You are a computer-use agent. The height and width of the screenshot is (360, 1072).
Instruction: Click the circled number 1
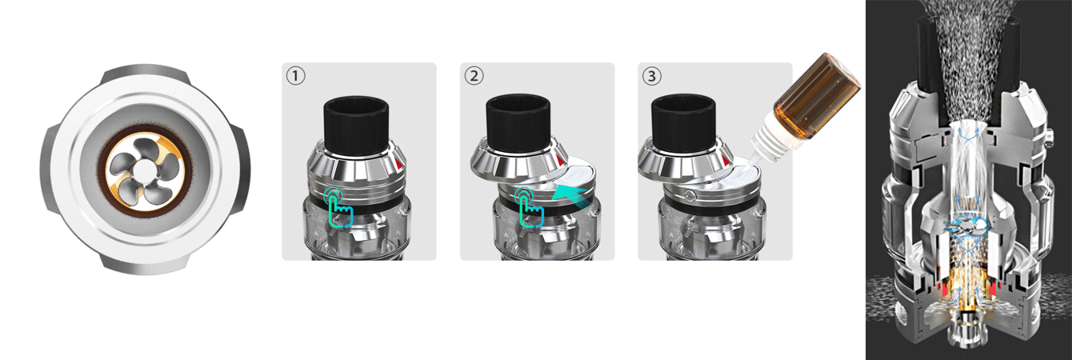tap(296, 76)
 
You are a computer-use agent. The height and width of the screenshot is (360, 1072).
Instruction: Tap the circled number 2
tap(474, 76)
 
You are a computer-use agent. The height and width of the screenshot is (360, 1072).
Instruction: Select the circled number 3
tap(652, 76)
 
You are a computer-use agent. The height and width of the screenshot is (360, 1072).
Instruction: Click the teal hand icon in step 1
tap(338, 207)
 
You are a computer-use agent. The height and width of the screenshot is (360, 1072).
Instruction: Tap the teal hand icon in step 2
tap(529, 207)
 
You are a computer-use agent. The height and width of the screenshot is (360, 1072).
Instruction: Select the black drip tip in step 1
tap(356, 125)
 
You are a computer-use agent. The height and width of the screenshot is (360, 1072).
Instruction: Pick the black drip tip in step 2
tap(518, 123)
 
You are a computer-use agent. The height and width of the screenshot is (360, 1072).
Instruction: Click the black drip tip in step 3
tap(683, 123)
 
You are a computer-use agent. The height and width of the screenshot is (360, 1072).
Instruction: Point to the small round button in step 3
tap(689, 196)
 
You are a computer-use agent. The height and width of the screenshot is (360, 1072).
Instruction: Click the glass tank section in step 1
tap(358, 230)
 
